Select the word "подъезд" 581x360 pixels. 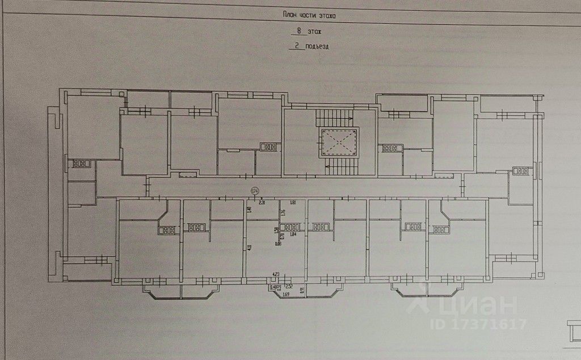(x=317, y=48)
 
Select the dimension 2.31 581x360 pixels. (x=262, y=202)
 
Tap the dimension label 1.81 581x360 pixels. (x=293, y=202)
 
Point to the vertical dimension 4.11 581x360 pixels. (x=250, y=247)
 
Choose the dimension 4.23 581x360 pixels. (x=276, y=274)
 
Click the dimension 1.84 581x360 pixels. (x=293, y=234)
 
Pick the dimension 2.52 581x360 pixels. (x=289, y=286)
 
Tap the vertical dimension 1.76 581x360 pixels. (x=283, y=213)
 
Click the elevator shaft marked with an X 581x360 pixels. (x=339, y=141)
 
